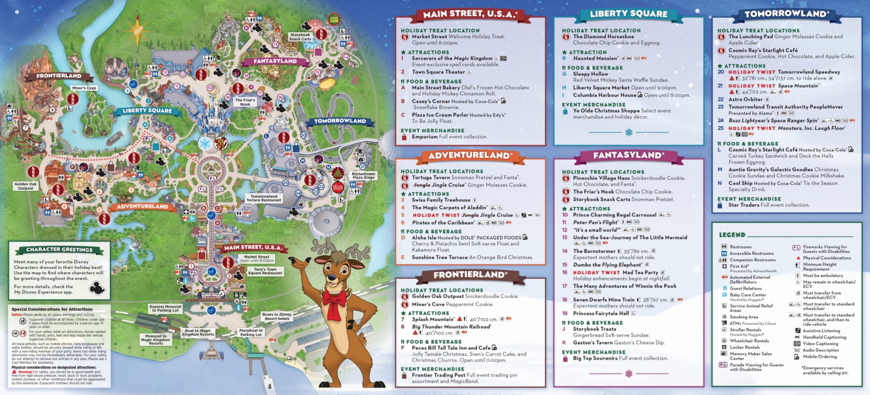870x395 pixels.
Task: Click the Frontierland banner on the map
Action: click(59, 76)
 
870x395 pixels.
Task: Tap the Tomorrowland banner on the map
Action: click(340, 121)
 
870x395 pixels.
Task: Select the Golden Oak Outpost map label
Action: click(25, 186)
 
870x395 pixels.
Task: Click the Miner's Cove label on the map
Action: click(84, 88)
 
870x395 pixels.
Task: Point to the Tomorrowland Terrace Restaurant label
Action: click(263, 198)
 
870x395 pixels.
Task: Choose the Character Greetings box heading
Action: click(59, 249)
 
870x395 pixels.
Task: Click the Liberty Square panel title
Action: click(628, 14)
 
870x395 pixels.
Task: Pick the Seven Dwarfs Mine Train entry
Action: click(603, 300)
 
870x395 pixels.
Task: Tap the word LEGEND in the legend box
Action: click(732, 235)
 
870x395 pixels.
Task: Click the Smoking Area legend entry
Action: click(743, 317)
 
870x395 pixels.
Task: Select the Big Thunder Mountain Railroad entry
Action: click(451, 327)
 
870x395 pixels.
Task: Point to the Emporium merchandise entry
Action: click(425, 137)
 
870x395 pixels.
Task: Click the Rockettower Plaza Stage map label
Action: click(363, 176)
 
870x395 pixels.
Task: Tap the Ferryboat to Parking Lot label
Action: click(251, 332)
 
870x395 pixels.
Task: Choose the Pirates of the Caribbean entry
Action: click(443, 223)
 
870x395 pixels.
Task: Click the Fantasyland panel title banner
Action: click(628, 155)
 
